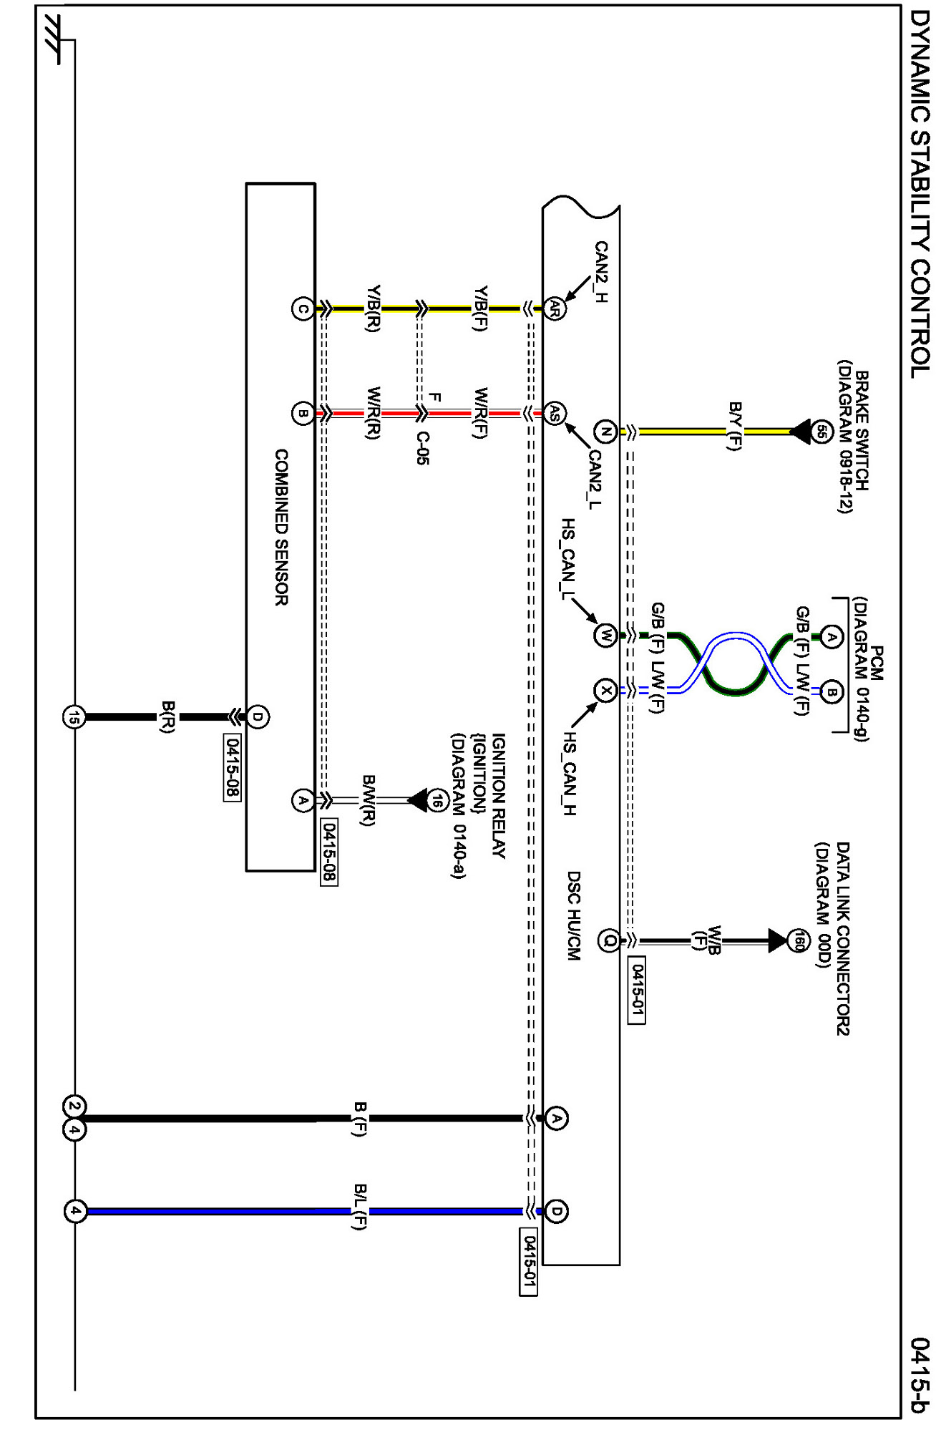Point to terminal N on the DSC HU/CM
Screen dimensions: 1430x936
[605, 431]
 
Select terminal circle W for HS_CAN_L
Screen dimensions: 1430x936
[605, 635]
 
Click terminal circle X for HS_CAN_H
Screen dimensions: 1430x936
[605, 691]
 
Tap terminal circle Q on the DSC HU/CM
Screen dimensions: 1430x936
[609, 940]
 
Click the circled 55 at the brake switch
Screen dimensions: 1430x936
[822, 431]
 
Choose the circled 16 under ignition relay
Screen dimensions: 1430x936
[438, 800]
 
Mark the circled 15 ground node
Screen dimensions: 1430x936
[74, 716]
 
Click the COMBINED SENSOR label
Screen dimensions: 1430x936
[281, 527]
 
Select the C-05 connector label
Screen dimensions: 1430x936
[423, 449]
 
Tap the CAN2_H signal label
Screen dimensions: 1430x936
[600, 272]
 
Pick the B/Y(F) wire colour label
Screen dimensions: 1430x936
[733, 425]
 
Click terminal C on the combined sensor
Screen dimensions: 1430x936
[303, 309]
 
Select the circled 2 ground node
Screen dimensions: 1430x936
[74, 1106]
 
